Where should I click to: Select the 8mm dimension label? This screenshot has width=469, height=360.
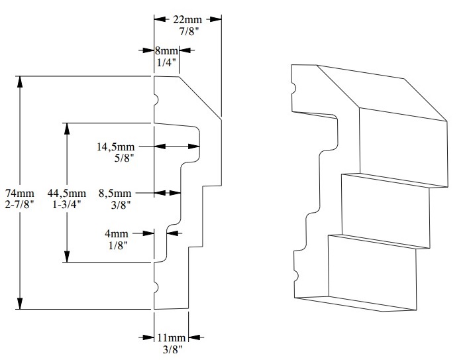coord(168,50)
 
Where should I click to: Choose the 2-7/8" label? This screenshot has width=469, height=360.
coord(19,205)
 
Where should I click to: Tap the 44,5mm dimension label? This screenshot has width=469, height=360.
coord(66,193)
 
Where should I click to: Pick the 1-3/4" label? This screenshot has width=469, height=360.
coord(66,205)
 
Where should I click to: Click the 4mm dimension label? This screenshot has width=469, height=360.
coord(119,233)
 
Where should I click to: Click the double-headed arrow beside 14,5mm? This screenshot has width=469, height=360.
coord(177,147)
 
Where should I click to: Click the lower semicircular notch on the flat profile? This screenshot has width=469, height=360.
coord(156,286)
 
